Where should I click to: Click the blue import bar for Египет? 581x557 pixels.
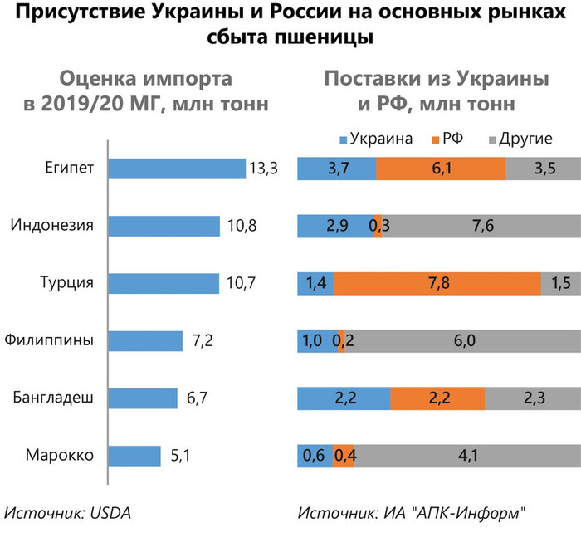point(177,169)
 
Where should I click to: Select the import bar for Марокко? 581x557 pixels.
point(134,456)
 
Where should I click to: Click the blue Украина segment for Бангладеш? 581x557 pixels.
point(344,398)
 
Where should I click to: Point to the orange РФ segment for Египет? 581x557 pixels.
point(440,169)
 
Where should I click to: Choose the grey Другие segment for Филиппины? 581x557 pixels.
point(461,341)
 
